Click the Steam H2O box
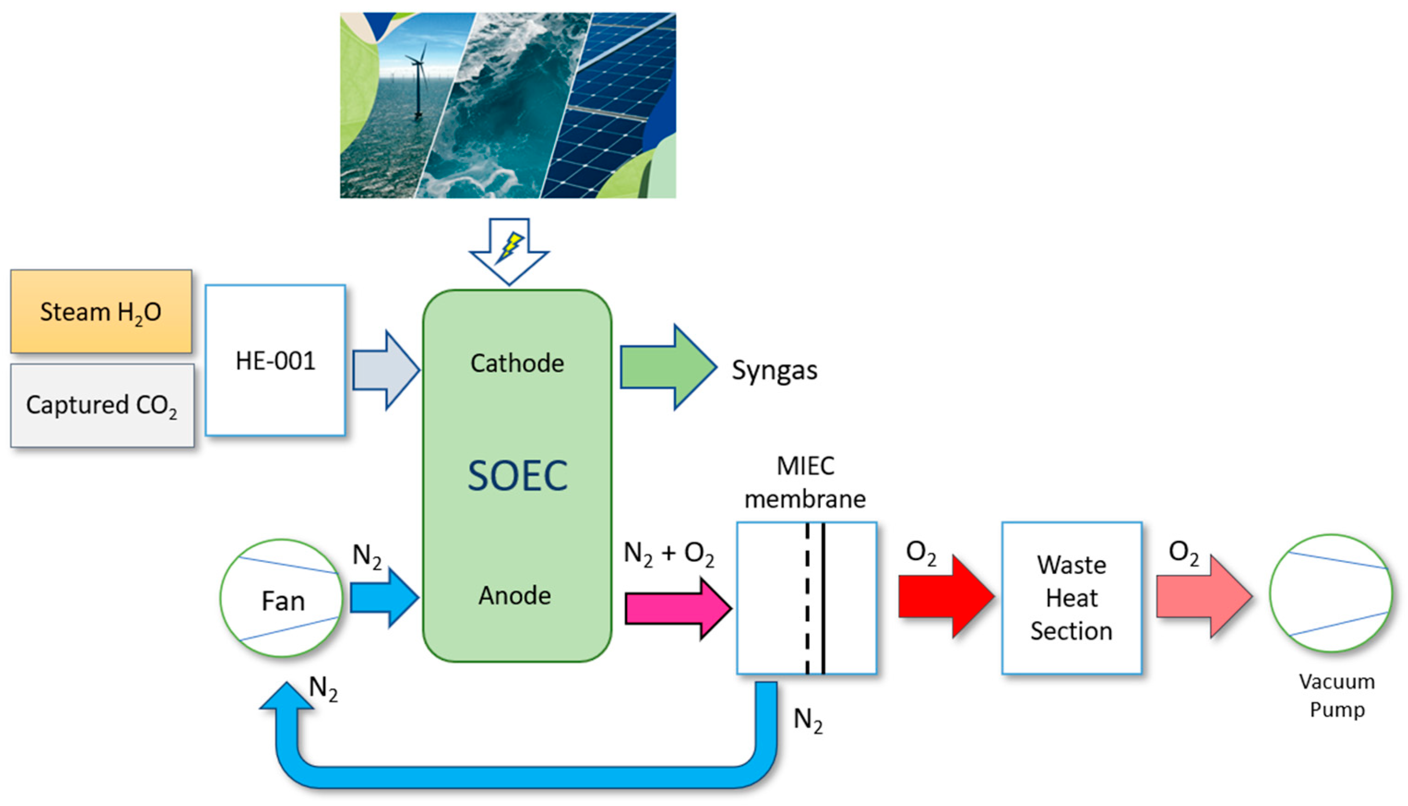[x=101, y=312]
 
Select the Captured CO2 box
[x=102, y=405]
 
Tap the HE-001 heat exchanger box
[x=275, y=360]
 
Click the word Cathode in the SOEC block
[x=517, y=363]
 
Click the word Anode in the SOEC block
[x=515, y=596]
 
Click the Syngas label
[x=774, y=370]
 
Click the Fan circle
[x=282, y=598]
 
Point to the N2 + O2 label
[x=668, y=554]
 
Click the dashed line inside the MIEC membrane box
[x=807, y=598]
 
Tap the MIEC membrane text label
[x=805, y=482]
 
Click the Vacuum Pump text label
[x=1337, y=695]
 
